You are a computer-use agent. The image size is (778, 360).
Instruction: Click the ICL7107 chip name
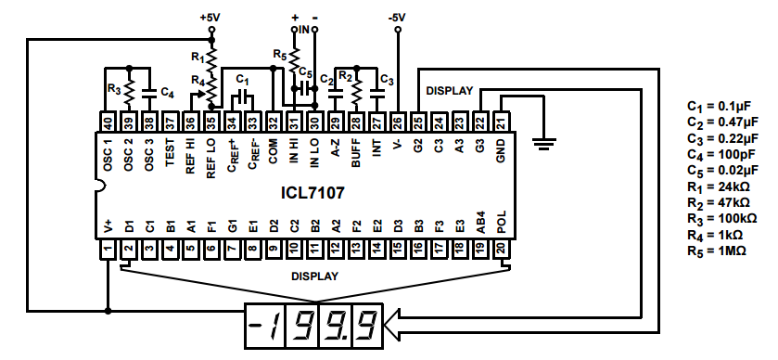pos(312,192)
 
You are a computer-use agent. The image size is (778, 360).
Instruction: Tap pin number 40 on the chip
pos(108,121)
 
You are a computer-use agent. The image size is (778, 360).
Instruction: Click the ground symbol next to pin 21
pos(544,143)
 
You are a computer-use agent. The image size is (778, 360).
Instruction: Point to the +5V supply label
pos(210,18)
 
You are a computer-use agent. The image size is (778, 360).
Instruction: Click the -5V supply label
pos(397,18)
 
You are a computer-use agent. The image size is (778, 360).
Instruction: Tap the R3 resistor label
pos(114,89)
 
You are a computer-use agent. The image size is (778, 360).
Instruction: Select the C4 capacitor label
pos(167,93)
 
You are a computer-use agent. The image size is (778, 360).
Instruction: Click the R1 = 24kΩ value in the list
pos(718,187)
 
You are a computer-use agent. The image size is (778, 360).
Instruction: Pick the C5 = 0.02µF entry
pos(722,171)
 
